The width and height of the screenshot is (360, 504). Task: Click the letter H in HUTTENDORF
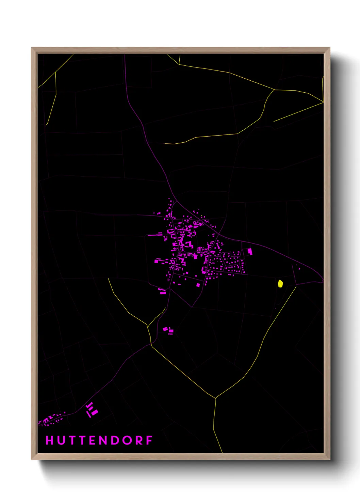tap(50, 440)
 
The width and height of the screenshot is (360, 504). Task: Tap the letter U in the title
tap(61, 440)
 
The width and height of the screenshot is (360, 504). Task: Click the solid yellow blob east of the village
tap(280, 284)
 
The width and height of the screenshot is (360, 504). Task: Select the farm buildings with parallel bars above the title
tap(92, 410)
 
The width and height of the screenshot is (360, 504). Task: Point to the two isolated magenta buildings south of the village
tap(168, 330)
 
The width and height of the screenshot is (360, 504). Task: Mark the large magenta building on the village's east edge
tap(250, 252)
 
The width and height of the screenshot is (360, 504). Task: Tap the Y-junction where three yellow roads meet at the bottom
tap(216, 398)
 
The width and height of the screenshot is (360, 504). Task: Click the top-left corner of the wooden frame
tap(32, 48)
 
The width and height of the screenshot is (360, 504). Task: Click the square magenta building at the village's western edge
tap(157, 261)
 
